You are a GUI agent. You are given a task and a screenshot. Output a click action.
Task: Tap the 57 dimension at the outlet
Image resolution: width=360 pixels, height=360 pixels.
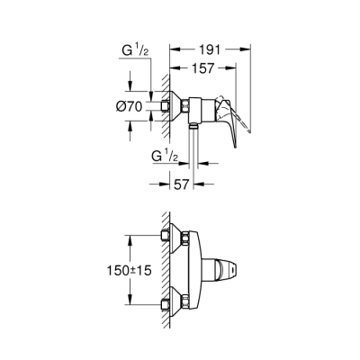pyautogui.click(x=180, y=184)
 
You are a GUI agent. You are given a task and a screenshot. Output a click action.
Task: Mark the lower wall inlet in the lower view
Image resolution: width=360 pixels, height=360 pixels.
pyautogui.click(x=168, y=301)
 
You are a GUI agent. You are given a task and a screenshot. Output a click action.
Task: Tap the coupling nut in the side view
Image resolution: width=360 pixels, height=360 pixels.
pyautogui.click(x=189, y=108)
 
